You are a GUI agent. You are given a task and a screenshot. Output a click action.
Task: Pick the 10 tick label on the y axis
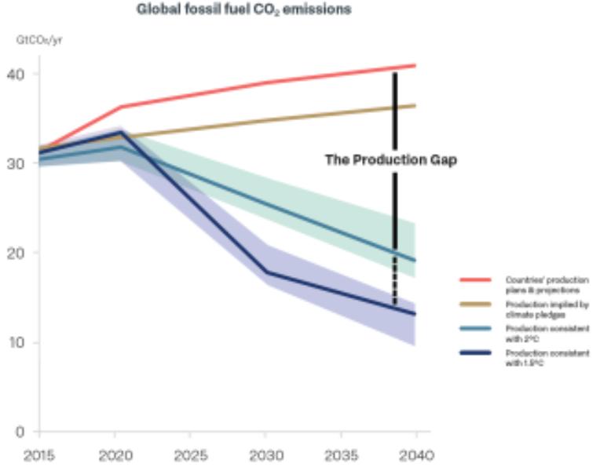pyautogui.click(x=17, y=343)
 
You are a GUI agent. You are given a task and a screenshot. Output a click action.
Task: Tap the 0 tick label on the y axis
pyautogui.click(x=22, y=432)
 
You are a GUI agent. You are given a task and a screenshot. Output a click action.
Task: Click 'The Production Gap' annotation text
pyautogui.click(x=391, y=160)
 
